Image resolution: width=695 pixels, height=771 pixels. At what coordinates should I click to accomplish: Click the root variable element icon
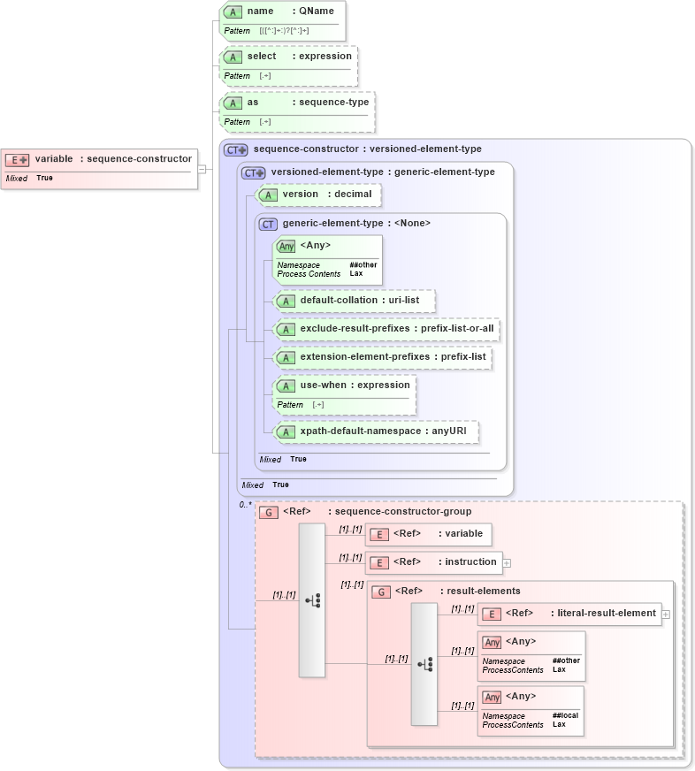coord(17,159)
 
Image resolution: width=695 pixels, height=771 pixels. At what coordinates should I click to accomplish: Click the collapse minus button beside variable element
coord(202,169)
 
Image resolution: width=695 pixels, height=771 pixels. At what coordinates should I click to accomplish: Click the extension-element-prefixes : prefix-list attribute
coord(382,357)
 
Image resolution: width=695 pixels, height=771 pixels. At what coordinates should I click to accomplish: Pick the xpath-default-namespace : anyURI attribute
coord(377,431)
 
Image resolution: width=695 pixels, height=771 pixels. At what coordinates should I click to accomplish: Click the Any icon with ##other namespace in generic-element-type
coord(286,246)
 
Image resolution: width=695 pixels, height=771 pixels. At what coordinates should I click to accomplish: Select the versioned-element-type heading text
coord(382,172)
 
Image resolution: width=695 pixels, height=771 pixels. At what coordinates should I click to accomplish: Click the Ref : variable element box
coord(429,534)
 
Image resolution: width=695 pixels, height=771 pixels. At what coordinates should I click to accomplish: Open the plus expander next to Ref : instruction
coord(507,562)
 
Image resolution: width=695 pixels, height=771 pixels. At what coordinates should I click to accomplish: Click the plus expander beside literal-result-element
coord(666,614)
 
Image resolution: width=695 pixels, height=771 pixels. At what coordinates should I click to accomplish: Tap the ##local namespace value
coord(565,716)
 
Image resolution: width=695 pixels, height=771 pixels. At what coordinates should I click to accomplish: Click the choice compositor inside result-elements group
coord(424,664)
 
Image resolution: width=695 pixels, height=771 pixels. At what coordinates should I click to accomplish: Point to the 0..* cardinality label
coord(245,505)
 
